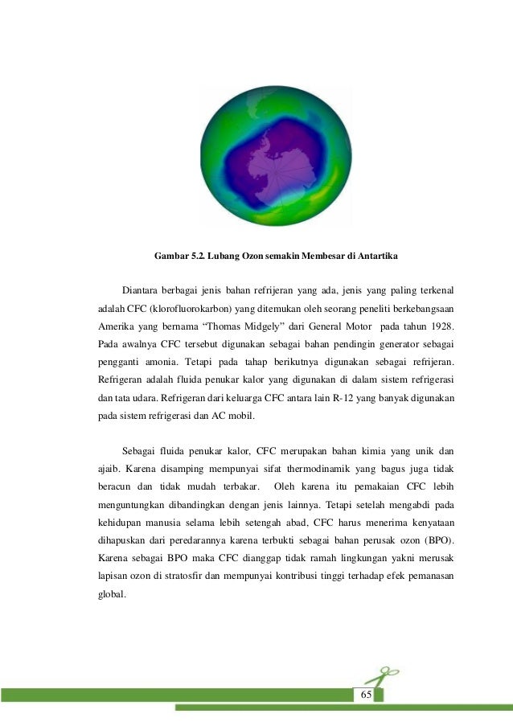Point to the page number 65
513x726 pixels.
tap(365, 694)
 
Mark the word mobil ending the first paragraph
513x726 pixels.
tap(241, 416)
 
